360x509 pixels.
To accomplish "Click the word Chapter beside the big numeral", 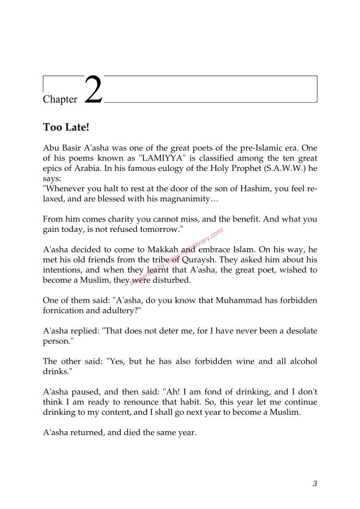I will click(x=60, y=100).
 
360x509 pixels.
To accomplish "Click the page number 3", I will click(x=315, y=483).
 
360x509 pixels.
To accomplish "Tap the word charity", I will click(x=115, y=218).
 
